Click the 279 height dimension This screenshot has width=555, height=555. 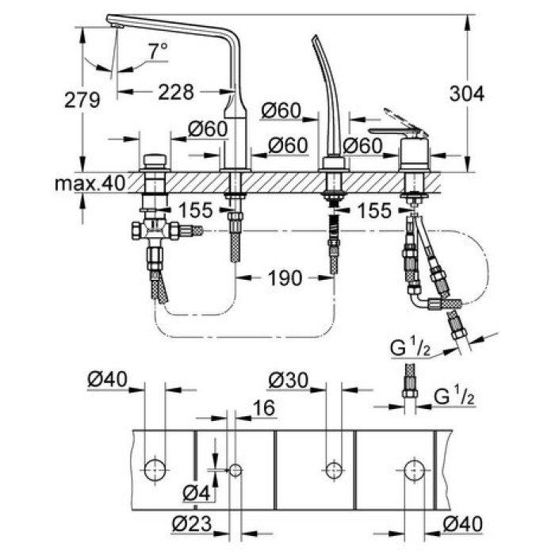pyautogui.click(x=82, y=100)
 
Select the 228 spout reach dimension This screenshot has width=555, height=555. pyautogui.click(x=175, y=93)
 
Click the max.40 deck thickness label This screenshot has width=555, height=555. pyautogui.click(x=90, y=184)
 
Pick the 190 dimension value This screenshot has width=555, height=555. pyautogui.click(x=285, y=277)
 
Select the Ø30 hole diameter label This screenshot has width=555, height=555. pyautogui.click(x=286, y=381)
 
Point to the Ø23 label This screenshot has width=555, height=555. pyautogui.click(x=194, y=524)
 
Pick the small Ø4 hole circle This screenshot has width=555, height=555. pyautogui.click(x=235, y=469)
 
